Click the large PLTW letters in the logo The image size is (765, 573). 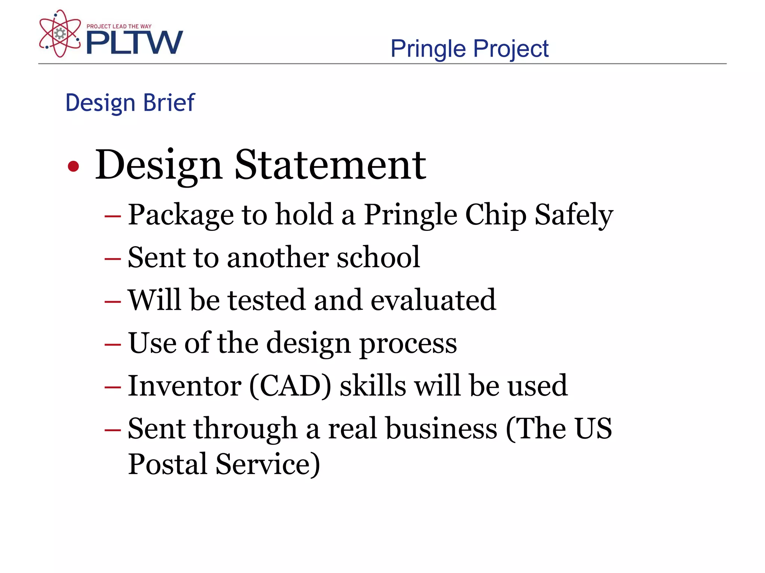click(x=134, y=42)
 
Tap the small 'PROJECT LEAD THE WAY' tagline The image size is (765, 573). click(x=119, y=26)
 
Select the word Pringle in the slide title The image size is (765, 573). click(x=428, y=49)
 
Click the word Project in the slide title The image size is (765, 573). click(x=511, y=49)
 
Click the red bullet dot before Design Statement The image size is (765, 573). click(x=73, y=166)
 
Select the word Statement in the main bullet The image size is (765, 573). click(x=330, y=165)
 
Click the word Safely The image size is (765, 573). click(x=574, y=215)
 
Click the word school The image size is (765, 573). click(x=378, y=257)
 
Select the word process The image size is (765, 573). click(x=408, y=343)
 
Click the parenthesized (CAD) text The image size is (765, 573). click(x=290, y=386)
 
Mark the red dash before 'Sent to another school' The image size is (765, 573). click(x=112, y=259)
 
